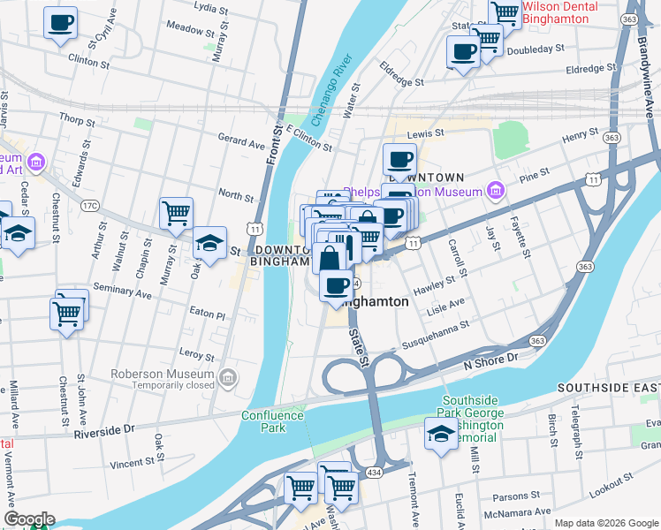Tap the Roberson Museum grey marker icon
coord(229,379)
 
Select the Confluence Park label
coord(274,421)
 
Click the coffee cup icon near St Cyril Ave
coord(60,24)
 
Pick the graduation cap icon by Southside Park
coord(441,434)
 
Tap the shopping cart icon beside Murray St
coord(176,213)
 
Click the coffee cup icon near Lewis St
coord(400,160)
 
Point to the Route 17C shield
coord(90,206)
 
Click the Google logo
coord(28,519)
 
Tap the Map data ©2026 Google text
coord(606,523)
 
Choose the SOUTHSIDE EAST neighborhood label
coord(608,389)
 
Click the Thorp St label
coord(77,119)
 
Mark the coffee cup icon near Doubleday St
coord(462,50)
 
